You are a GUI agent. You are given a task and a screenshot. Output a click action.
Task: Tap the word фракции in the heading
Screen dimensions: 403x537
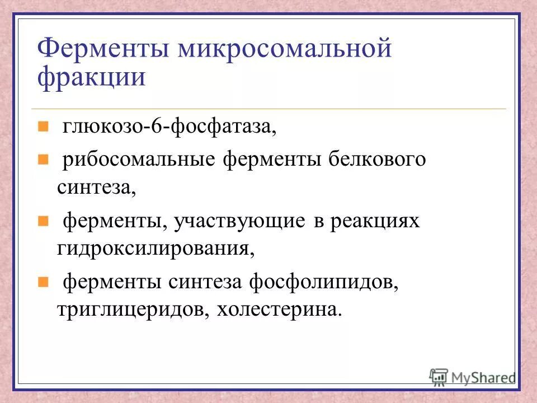click(x=92, y=77)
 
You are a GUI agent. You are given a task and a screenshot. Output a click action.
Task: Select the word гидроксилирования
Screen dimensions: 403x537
click(x=156, y=248)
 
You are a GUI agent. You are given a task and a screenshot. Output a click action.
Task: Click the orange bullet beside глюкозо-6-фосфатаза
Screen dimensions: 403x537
click(x=43, y=127)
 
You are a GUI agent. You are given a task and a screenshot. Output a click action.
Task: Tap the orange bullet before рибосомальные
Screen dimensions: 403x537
click(x=43, y=160)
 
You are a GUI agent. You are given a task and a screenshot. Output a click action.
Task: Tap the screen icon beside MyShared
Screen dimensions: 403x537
click(x=439, y=376)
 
